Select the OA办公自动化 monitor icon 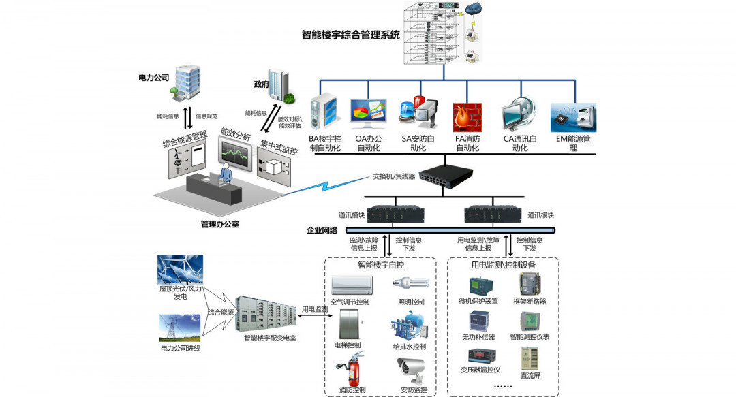tap(368, 115)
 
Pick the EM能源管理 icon tap(573, 118)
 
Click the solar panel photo tap(179, 270)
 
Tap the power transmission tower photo tap(180, 328)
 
